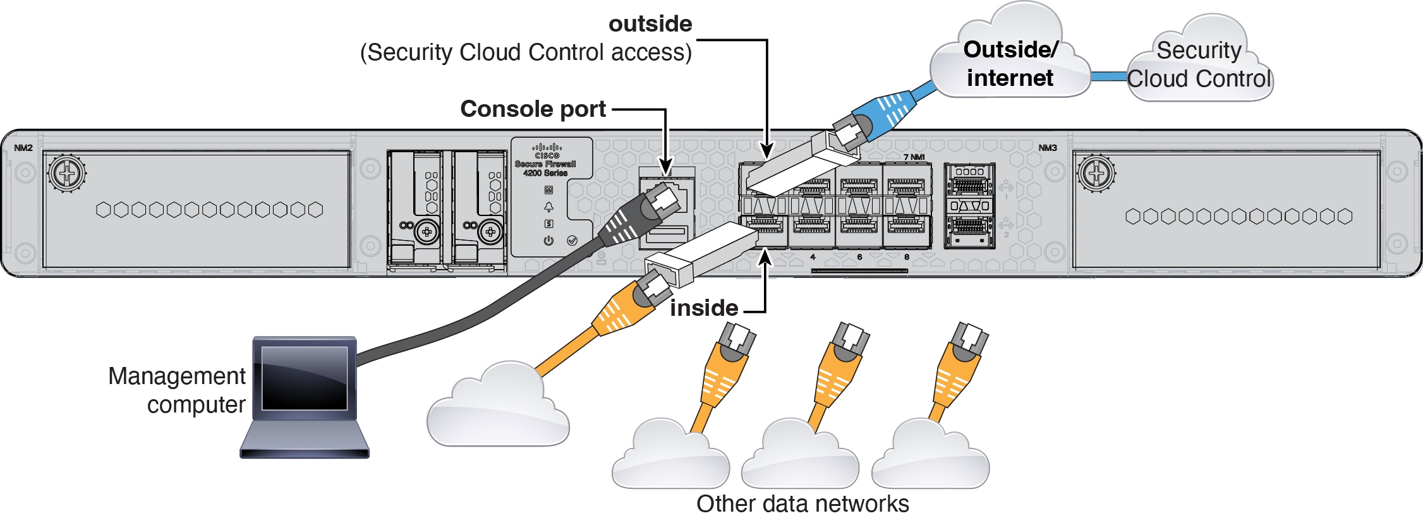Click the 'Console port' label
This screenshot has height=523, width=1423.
pos(533,109)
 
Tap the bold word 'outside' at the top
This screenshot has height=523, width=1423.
pos(650,24)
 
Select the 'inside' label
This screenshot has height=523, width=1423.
pos(704,308)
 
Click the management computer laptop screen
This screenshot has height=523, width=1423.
pos(305,378)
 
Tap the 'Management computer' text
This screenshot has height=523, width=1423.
pos(177,390)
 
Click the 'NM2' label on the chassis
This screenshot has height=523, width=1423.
pos(23,148)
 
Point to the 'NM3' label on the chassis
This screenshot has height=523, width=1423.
pos(1047,148)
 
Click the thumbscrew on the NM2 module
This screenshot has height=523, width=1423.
pos(67,172)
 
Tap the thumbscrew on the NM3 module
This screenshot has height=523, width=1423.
pos(1096,172)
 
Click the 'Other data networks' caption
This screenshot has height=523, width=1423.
pos(802,504)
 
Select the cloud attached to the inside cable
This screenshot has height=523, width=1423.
pos(498,407)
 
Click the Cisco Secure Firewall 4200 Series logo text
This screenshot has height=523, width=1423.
pos(545,164)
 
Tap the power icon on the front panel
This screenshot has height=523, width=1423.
pos(548,241)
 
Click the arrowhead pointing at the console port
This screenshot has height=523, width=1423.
pos(666,165)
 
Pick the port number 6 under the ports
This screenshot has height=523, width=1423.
pos(859,257)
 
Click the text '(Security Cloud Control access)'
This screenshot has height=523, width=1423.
pos(526,52)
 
